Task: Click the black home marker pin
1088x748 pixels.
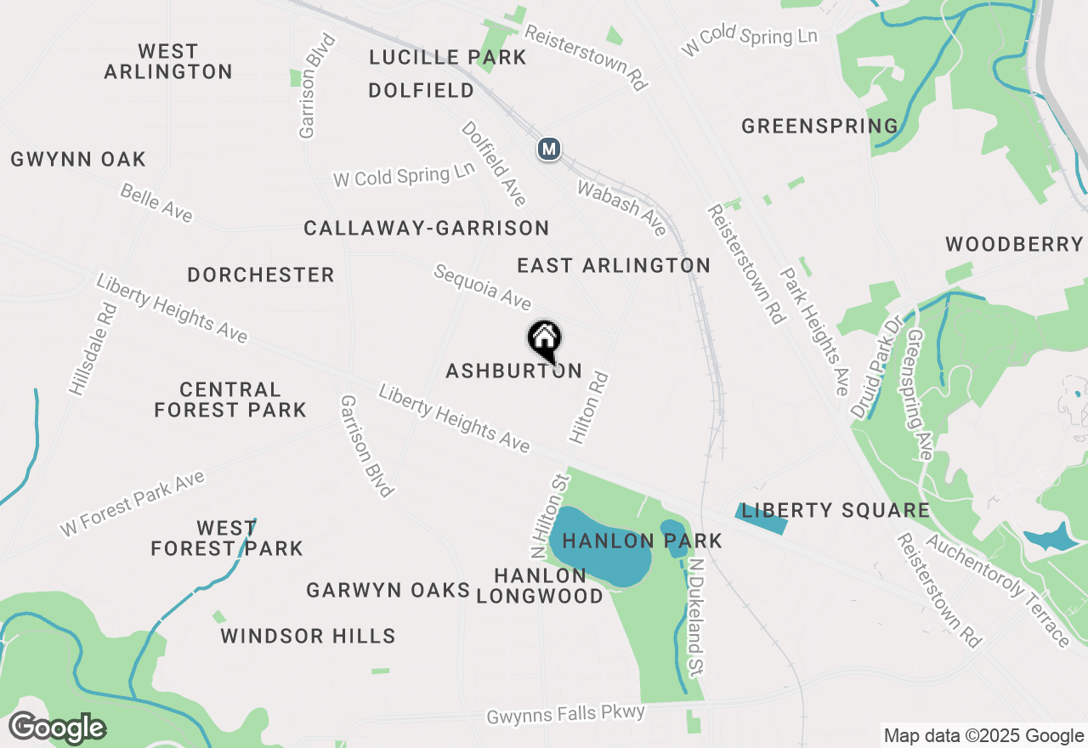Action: (x=545, y=340)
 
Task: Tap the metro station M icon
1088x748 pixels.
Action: (x=549, y=150)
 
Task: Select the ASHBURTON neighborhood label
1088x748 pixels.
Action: (x=513, y=371)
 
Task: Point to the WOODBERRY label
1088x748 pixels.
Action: (x=1013, y=245)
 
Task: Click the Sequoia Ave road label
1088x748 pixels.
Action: (x=482, y=286)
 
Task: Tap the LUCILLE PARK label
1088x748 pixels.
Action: (x=448, y=58)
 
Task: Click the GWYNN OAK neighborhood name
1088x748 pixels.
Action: (x=78, y=159)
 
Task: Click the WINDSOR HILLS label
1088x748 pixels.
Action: (x=308, y=636)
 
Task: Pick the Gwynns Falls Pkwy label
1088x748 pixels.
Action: (x=566, y=714)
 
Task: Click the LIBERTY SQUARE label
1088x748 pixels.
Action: (x=835, y=511)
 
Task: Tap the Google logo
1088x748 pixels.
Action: (x=57, y=728)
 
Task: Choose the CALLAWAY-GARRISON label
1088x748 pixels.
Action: (x=426, y=228)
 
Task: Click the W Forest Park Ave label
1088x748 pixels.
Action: (x=133, y=503)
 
